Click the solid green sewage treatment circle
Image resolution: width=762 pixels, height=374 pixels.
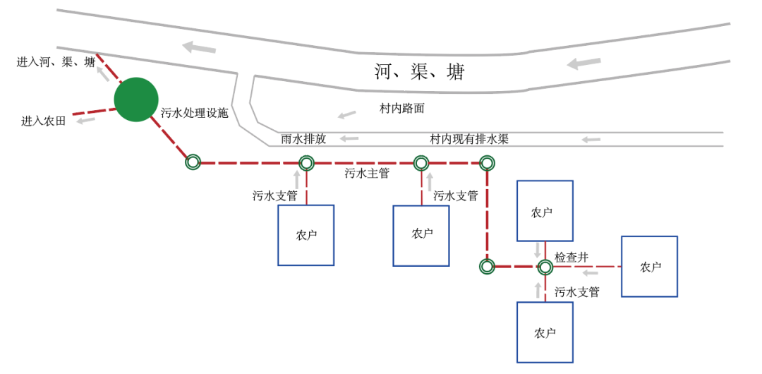(x=136, y=99)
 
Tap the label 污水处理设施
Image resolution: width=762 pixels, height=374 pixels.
(x=195, y=113)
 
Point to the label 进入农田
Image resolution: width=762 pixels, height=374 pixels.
(x=43, y=121)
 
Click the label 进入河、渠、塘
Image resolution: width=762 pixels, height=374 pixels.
(x=56, y=62)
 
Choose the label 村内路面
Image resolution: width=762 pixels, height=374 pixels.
(x=402, y=109)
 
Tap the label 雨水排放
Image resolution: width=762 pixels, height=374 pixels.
(x=303, y=139)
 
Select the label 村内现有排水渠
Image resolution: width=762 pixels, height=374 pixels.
(x=469, y=139)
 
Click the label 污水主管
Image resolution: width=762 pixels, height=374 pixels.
(x=367, y=174)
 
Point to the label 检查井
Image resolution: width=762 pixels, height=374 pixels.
(x=571, y=258)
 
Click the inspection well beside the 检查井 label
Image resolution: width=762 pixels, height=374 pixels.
(x=545, y=267)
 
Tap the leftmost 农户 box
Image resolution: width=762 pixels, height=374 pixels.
(x=306, y=235)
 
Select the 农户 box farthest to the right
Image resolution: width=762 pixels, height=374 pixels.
(x=649, y=266)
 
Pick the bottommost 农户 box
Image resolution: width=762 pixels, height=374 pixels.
(x=545, y=332)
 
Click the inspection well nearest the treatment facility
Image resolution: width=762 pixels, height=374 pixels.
(x=193, y=162)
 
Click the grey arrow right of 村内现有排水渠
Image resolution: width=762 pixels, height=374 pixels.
(x=591, y=140)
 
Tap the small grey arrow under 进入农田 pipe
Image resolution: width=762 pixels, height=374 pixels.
(x=86, y=121)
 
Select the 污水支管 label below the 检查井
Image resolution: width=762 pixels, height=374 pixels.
(x=576, y=291)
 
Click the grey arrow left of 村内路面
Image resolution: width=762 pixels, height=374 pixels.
(x=346, y=114)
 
